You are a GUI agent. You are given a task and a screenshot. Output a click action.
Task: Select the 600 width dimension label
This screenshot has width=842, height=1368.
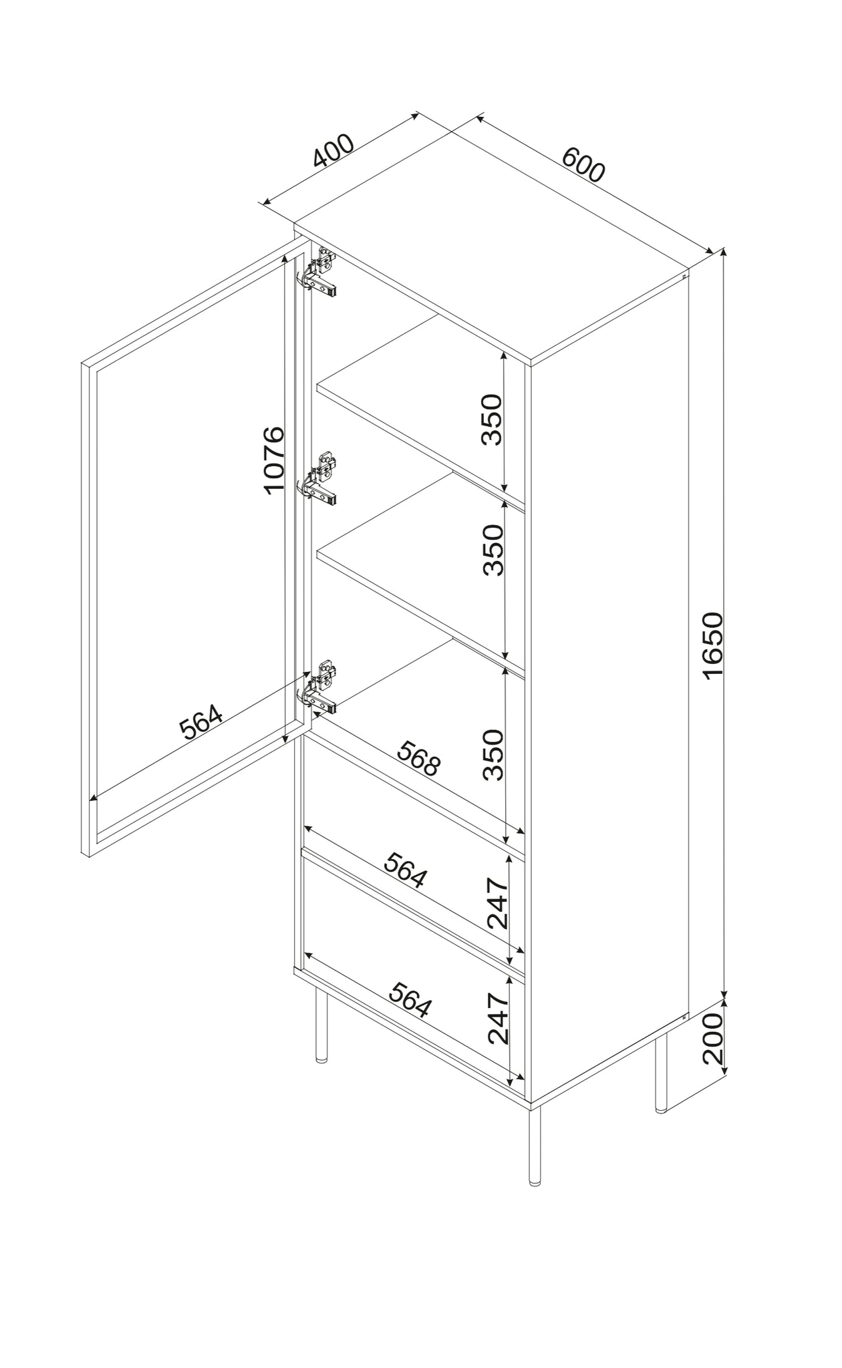(583, 164)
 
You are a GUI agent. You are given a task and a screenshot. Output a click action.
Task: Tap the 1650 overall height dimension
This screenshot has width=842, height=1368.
(713, 645)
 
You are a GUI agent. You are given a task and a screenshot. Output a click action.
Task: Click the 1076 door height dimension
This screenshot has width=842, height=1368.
(274, 461)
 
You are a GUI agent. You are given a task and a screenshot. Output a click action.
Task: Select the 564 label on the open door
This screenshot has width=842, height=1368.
(201, 723)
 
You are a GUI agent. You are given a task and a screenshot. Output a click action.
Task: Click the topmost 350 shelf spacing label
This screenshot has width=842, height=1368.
(493, 419)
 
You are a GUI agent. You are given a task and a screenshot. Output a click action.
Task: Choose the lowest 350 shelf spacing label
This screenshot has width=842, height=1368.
(493, 755)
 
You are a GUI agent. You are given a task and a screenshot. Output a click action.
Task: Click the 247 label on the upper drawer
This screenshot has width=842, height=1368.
(498, 904)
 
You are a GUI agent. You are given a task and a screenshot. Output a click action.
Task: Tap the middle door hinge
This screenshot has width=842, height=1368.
(319, 477)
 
